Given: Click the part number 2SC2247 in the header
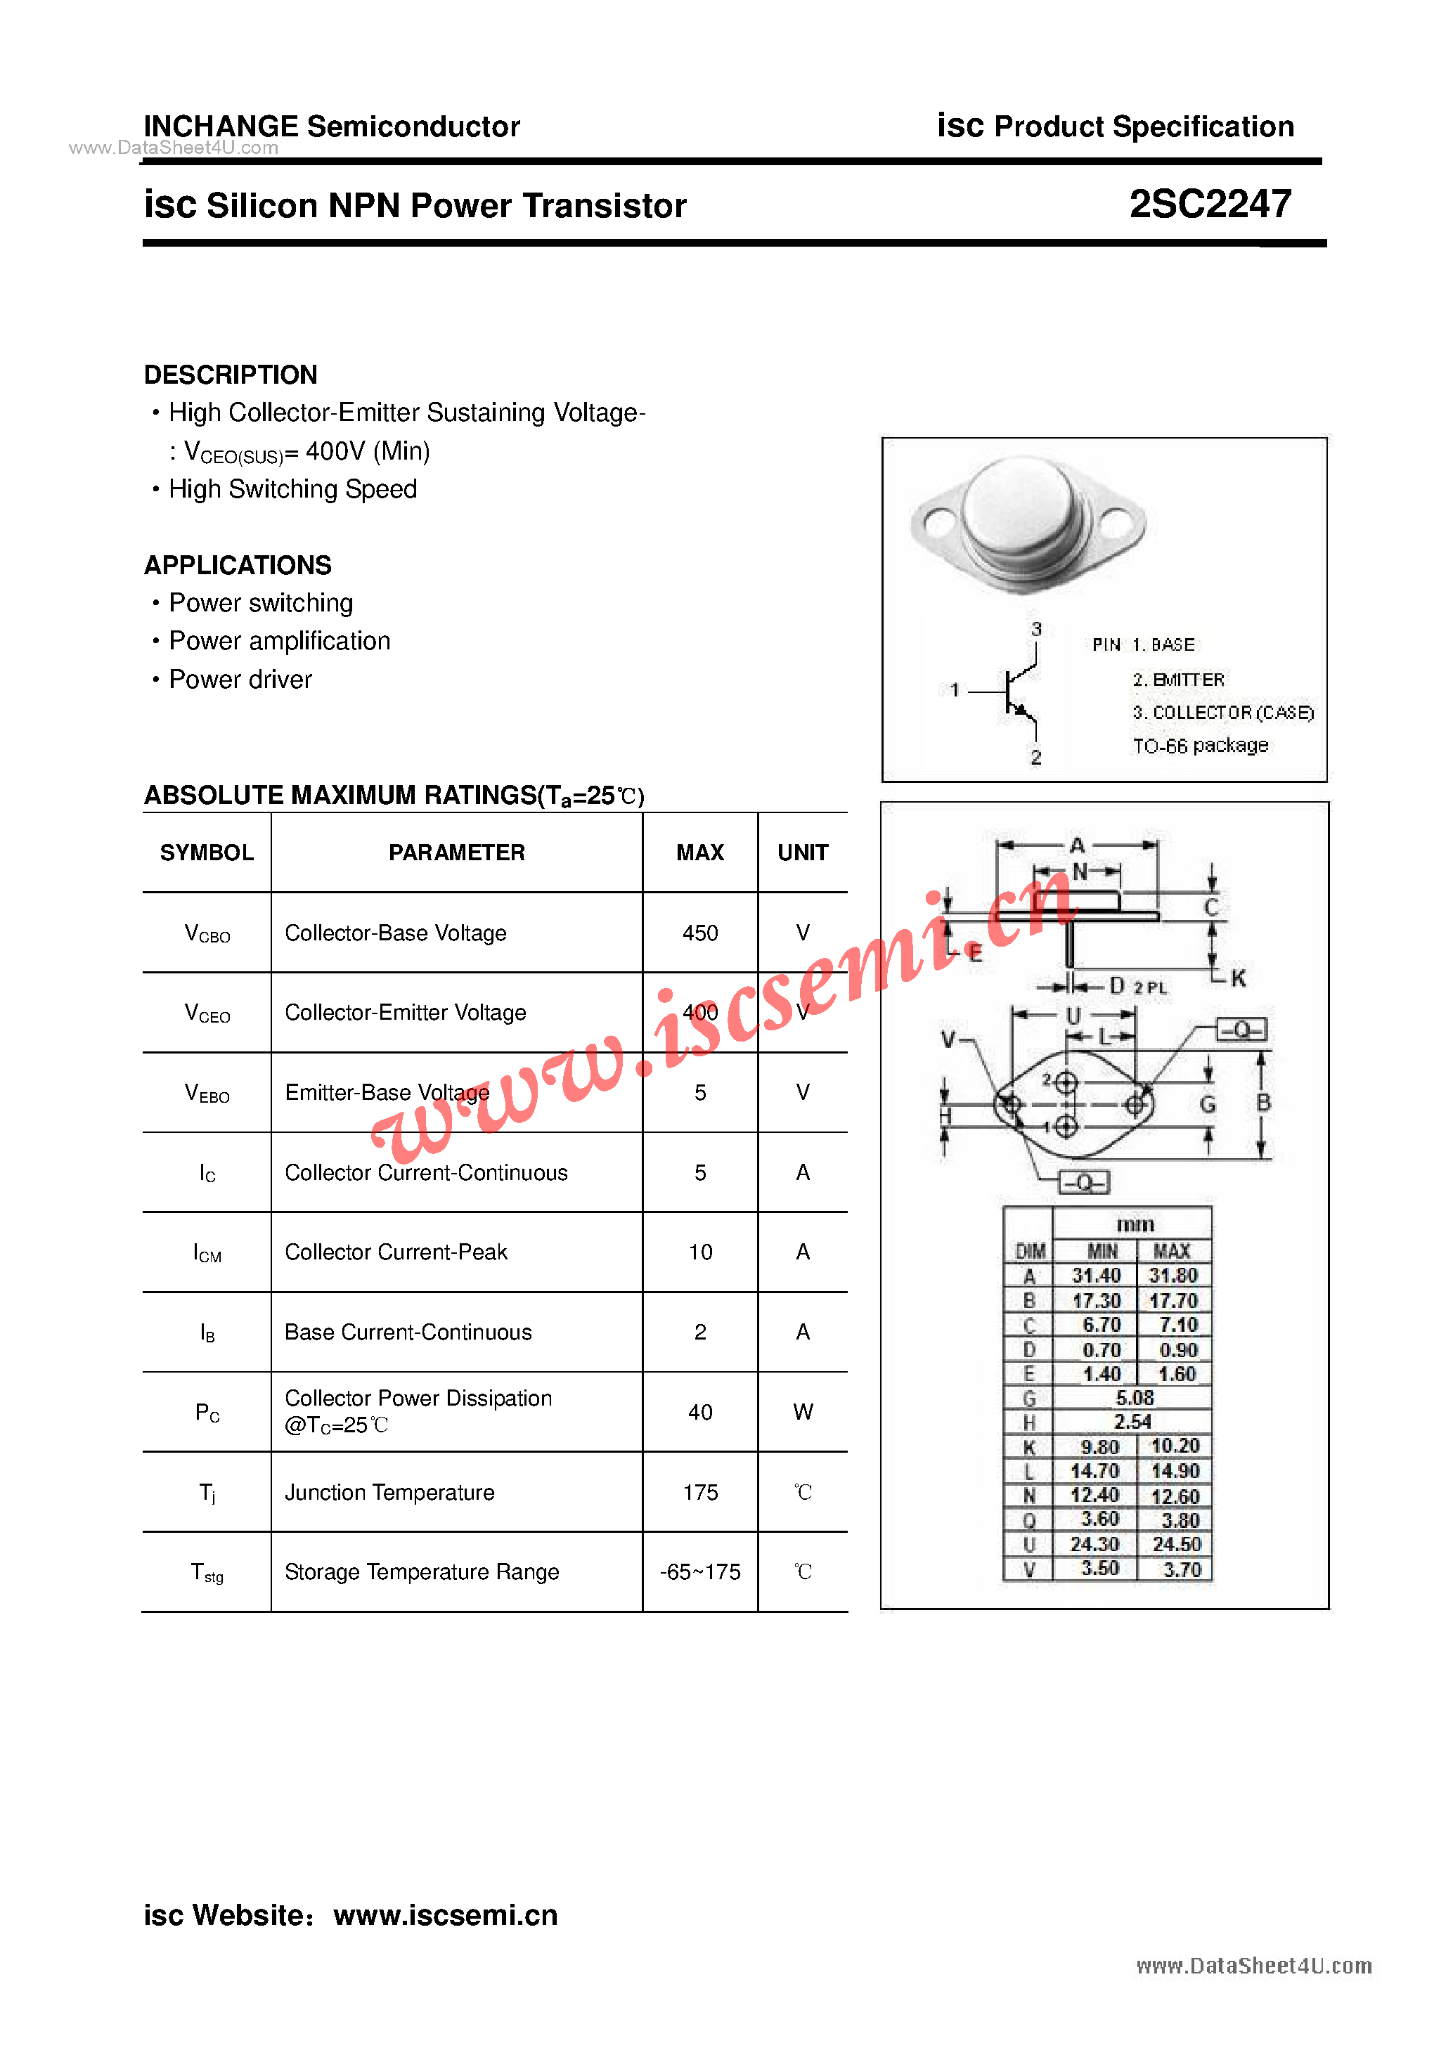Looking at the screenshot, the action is click(x=1210, y=205).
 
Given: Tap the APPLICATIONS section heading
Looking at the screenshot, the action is click(x=238, y=565).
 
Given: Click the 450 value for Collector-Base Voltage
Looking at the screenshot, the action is click(x=699, y=933).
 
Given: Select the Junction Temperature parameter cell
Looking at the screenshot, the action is click(x=389, y=1492).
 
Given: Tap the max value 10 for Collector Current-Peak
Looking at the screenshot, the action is click(x=699, y=1252).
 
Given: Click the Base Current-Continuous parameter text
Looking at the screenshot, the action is click(x=408, y=1332).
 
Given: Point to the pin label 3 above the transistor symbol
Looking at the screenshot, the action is click(x=1036, y=628).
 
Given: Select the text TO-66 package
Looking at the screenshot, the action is click(x=1200, y=746).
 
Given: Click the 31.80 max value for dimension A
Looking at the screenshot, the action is click(x=1173, y=1276).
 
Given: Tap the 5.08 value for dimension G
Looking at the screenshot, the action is click(x=1135, y=1397).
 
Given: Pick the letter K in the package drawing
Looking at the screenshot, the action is click(x=1238, y=978).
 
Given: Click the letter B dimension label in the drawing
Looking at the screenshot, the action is click(x=1263, y=1102).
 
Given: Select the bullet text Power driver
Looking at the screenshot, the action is click(x=240, y=680).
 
